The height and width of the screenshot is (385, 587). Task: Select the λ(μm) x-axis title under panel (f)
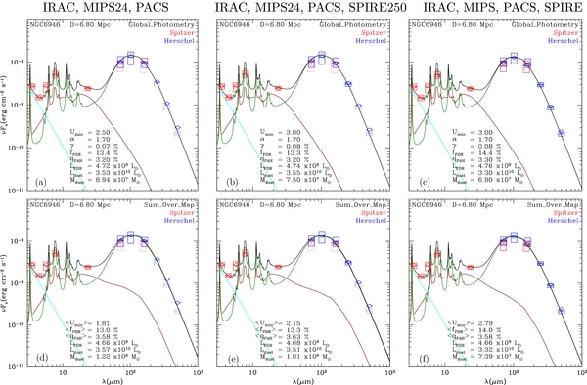point(496,379)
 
